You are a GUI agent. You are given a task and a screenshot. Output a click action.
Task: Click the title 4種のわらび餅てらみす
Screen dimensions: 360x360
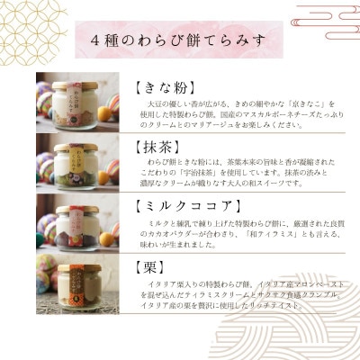pyautogui.click(x=179, y=42)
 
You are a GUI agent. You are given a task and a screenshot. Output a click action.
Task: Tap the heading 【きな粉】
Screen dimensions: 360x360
pyautogui.click(x=161, y=90)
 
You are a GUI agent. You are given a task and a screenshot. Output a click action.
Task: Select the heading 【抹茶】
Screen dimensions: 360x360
pyautogui.click(x=155, y=146)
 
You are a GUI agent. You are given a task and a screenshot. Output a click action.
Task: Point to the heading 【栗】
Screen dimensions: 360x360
pyautogui.click(x=144, y=267)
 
